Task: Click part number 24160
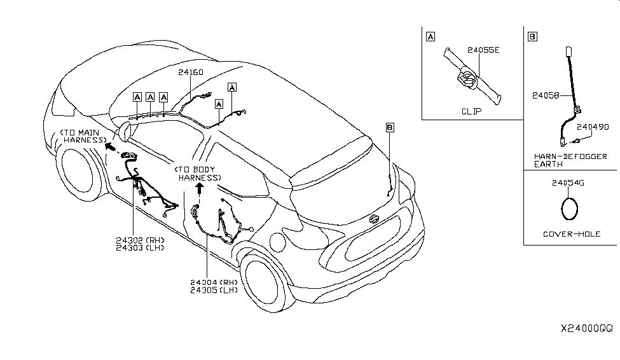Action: click(x=190, y=73)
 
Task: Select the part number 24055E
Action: click(x=483, y=49)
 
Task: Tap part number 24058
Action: click(x=546, y=96)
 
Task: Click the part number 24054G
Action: click(x=568, y=184)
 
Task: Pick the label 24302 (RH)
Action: click(x=140, y=240)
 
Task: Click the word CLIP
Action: click(x=471, y=111)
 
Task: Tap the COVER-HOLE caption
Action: click(x=572, y=233)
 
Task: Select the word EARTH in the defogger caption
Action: click(x=548, y=163)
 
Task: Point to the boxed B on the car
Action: click(x=390, y=128)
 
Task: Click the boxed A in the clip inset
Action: click(x=431, y=36)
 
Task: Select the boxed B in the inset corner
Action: click(x=532, y=36)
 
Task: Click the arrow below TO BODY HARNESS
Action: click(x=199, y=188)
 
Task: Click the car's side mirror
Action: click(x=124, y=132)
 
